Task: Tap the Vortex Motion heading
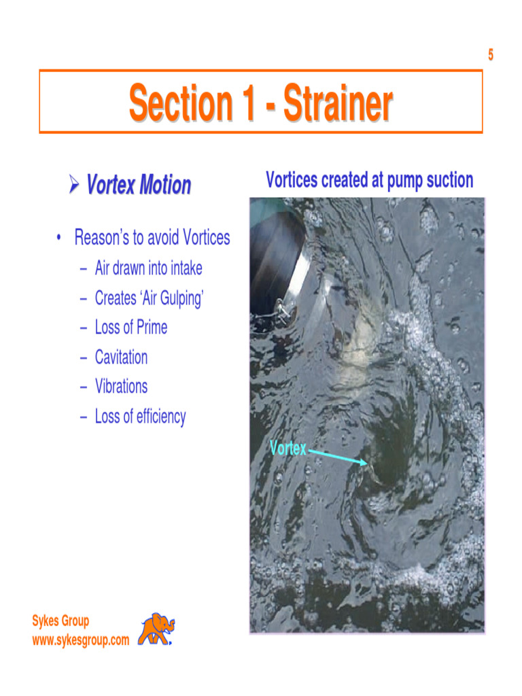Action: click(x=139, y=185)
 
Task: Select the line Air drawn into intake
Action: click(x=148, y=268)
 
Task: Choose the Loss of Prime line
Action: click(x=130, y=328)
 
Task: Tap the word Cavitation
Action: click(x=121, y=357)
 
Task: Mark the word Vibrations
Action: click(x=121, y=386)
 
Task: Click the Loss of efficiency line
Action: click(x=140, y=416)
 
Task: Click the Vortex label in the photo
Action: click(x=288, y=449)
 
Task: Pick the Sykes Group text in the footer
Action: click(x=60, y=621)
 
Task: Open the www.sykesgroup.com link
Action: click(x=80, y=640)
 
